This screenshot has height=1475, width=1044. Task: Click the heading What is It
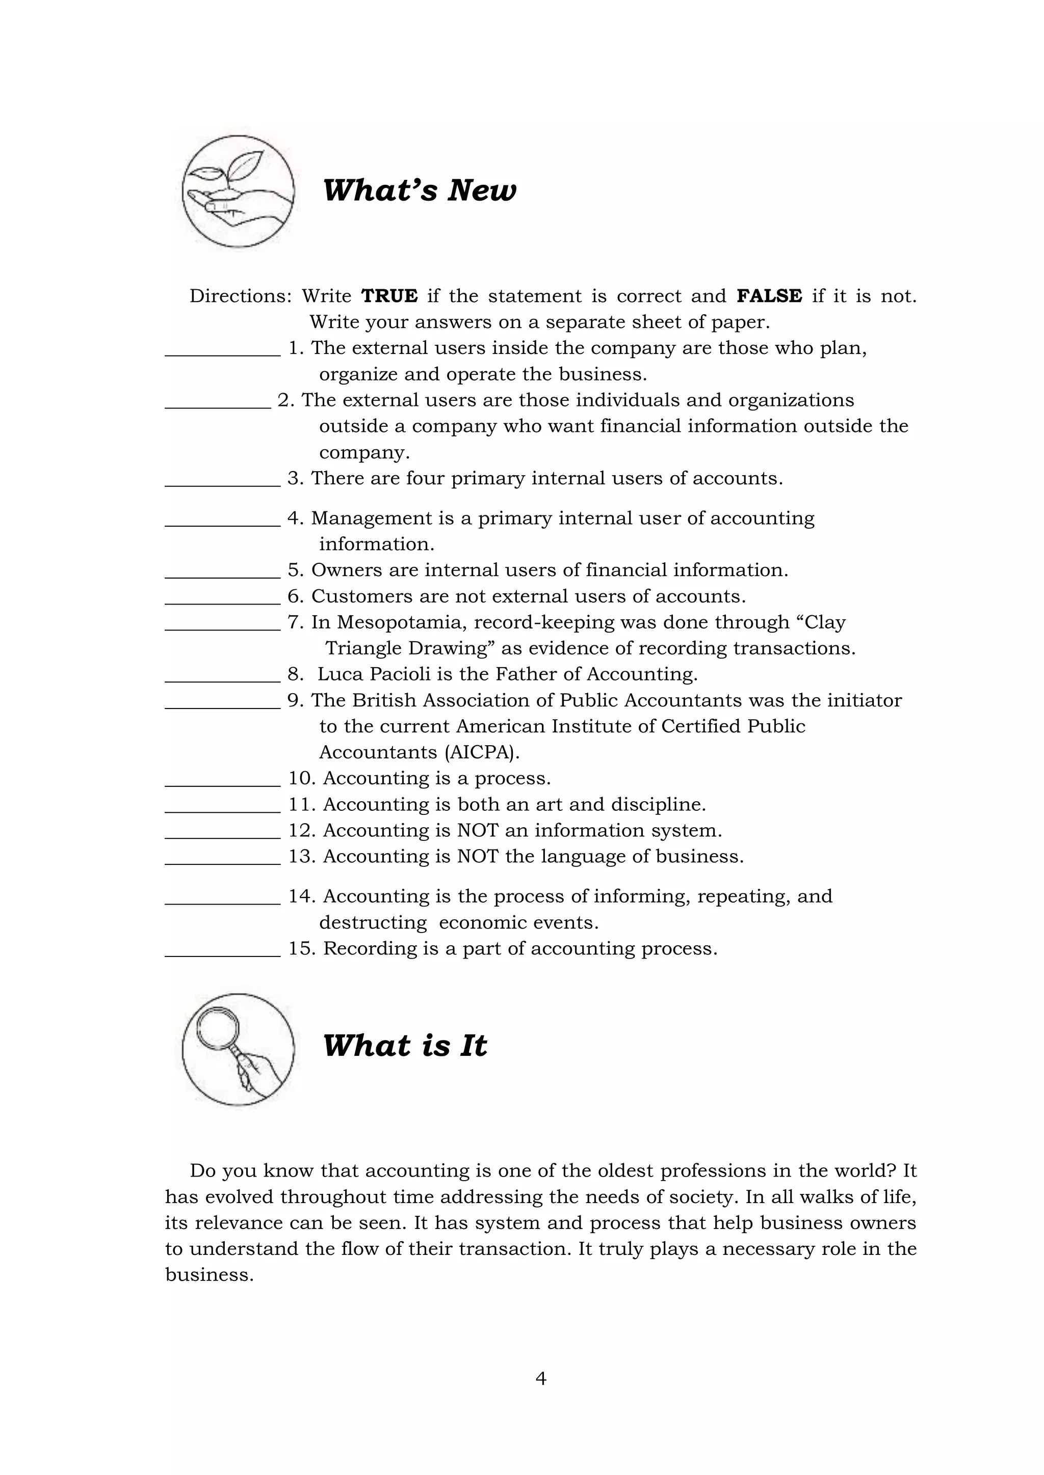pos(404,1046)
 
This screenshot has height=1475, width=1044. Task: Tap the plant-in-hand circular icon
pos(238,192)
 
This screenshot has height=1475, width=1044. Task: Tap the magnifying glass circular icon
pos(238,1049)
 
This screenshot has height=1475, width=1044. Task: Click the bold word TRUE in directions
pos(389,296)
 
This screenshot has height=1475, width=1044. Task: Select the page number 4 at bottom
pos(541,1378)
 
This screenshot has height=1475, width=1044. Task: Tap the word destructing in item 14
pos(373,922)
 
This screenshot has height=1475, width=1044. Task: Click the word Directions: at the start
pos(241,296)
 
